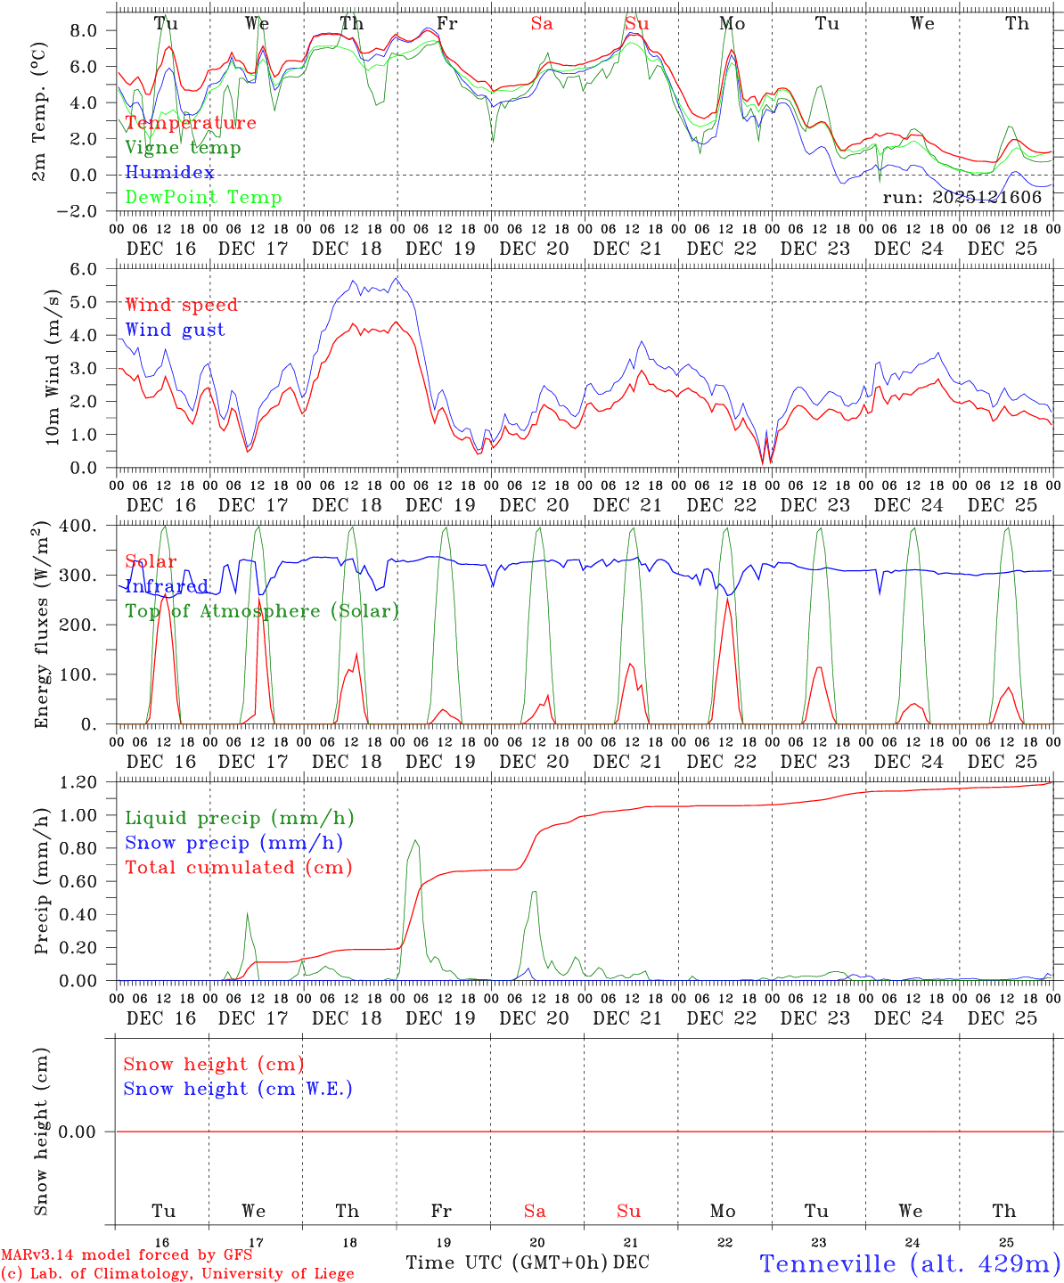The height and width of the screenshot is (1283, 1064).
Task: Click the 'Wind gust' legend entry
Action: tap(175, 330)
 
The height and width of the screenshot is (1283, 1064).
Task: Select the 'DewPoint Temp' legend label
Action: tap(203, 197)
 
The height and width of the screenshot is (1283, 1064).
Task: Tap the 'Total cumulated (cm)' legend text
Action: tap(238, 867)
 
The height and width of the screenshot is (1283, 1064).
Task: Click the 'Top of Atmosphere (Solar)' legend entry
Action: tap(261, 610)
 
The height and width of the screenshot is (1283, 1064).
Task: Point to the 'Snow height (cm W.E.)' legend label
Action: tap(237, 1089)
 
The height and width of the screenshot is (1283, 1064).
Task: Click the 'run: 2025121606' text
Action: tap(962, 197)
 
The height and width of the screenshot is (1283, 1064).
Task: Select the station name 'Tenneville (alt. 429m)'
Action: tap(910, 1263)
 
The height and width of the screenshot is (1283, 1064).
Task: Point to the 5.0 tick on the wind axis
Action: tap(89, 302)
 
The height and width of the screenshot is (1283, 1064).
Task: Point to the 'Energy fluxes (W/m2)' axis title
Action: tap(41, 626)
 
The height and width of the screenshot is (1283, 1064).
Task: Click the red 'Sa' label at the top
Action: tap(542, 23)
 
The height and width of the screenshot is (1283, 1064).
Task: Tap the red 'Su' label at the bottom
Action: tap(628, 1211)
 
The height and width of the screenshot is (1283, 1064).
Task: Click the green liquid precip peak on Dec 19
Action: tap(414, 840)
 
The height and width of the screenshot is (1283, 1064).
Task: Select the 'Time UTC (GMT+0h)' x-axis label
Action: tap(506, 1263)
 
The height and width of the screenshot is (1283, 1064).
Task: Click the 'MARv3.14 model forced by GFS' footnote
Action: tap(127, 1254)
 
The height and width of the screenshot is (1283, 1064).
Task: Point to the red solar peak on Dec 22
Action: tap(727, 599)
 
